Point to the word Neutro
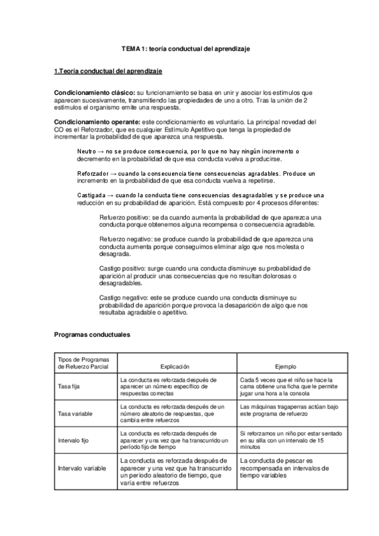(87, 152)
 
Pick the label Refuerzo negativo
(126, 240)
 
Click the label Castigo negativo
(124, 297)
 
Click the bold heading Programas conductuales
(92, 334)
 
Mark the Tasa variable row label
(73, 413)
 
